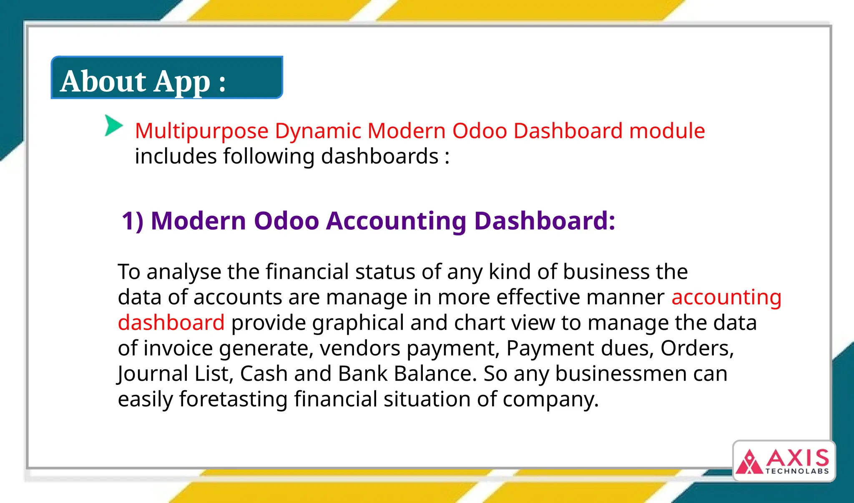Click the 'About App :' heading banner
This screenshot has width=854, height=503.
point(167,78)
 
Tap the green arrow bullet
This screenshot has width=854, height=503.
point(113,126)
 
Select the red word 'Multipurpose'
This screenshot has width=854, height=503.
point(201,131)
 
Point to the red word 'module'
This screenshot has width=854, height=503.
point(667,131)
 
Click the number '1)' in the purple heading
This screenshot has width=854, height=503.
point(132,221)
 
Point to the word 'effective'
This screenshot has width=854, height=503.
point(538,298)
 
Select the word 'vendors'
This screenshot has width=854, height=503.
point(360,349)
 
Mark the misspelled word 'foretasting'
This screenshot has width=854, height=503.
point(233,399)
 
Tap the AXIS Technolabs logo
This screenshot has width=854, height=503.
point(784,461)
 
